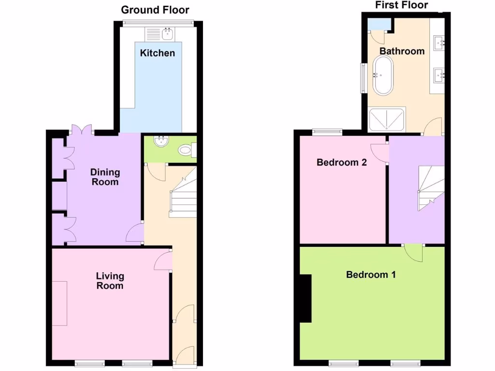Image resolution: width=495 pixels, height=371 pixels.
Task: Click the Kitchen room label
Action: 157,53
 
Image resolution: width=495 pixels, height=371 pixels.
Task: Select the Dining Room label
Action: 105,177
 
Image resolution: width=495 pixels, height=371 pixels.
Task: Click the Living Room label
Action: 110,281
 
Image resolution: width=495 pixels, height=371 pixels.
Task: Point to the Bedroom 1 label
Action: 371,275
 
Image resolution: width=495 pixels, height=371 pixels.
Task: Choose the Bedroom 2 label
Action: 341,162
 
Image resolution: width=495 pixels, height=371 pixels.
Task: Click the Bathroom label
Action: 402,51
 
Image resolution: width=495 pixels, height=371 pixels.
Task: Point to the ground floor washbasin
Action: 160,142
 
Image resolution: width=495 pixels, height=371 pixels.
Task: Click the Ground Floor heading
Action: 155,10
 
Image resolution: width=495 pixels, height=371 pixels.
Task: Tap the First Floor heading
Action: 402,5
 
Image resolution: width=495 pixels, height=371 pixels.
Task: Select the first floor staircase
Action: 430,186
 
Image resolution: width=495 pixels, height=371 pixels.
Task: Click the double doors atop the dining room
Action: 80,129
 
